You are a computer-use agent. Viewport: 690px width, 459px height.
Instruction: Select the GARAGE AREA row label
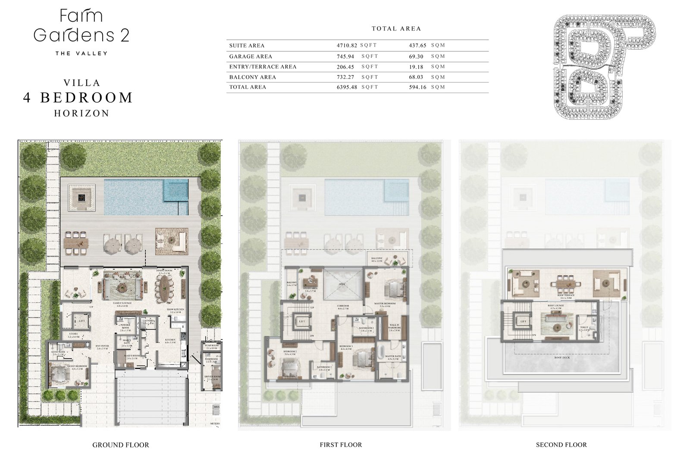tap(251, 56)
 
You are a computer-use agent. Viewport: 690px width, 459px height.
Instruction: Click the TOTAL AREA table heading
tap(396, 28)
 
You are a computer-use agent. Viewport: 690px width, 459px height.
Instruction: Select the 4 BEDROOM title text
tap(78, 97)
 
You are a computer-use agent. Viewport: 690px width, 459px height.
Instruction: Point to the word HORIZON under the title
tap(82, 113)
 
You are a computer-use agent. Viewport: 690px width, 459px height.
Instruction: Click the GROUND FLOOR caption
tap(121, 445)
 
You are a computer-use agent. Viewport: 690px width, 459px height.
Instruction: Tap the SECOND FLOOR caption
tap(561, 445)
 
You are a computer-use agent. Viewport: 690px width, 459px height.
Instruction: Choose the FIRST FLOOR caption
tap(341, 445)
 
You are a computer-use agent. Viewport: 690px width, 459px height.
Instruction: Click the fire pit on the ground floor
tap(81, 197)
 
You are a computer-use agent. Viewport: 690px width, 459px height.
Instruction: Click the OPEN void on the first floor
tap(342, 284)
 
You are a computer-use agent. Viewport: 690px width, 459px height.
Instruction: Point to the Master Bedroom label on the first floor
tap(385, 304)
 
